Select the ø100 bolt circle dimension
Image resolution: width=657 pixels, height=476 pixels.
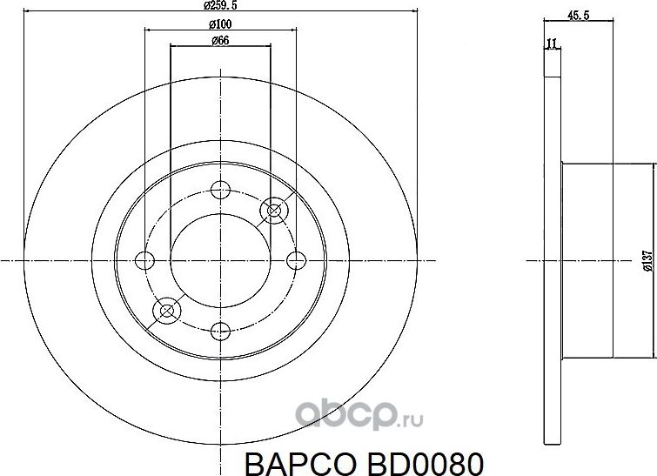(x=220, y=23)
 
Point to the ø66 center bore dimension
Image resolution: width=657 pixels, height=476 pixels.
(x=220, y=41)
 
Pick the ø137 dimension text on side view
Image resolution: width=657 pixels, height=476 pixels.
(x=647, y=261)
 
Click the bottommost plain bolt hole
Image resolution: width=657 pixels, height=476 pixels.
(x=221, y=330)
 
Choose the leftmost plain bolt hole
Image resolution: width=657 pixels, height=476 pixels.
(x=144, y=259)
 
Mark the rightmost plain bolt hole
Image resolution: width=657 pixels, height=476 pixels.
(x=297, y=259)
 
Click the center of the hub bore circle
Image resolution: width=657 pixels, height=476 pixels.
(x=221, y=259)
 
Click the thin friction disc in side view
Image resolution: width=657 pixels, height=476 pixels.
(x=553, y=259)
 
